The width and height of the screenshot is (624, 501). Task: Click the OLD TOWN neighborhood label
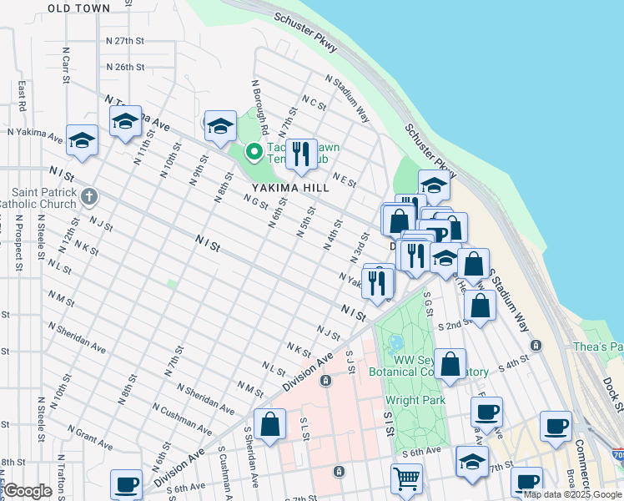pyautogui.click(x=78, y=8)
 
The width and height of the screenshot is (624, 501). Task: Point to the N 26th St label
pyautogui.click(x=125, y=67)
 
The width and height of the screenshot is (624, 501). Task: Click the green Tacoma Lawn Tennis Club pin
pyautogui.click(x=253, y=152)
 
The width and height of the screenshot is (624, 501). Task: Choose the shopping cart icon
pyautogui.click(x=406, y=478)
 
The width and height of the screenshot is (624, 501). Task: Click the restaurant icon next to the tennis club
pyautogui.click(x=301, y=154)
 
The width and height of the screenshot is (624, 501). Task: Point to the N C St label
pyautogui.click(x=314, y=102)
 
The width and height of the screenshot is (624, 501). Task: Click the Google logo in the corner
pyautogui.click(x=28, y=491)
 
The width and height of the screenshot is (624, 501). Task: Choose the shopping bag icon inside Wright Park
pyautogui.click(x=450, y=364)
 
